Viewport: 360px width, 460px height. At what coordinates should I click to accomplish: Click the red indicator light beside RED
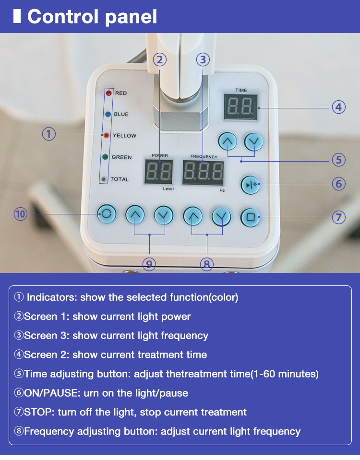coord(108,93)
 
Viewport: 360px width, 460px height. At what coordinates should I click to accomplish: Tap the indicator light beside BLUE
coord(108,114)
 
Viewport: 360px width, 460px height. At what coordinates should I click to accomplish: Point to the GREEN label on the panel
coord(121,157)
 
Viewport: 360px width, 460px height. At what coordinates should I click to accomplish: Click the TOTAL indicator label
coord(120,179)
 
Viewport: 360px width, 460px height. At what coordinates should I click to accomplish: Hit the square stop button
coord(250,217)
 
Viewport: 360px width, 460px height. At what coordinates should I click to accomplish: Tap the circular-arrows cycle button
coord(106,214)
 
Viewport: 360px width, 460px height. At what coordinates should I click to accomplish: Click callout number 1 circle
coord(49,134)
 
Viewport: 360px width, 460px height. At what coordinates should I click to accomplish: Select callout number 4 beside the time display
coord(339,107)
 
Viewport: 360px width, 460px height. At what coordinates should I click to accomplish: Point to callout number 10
coord(21,213)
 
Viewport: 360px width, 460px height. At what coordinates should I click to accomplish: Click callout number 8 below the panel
coord(207,264)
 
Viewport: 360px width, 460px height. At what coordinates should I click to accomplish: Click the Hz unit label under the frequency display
coord(222,190)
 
